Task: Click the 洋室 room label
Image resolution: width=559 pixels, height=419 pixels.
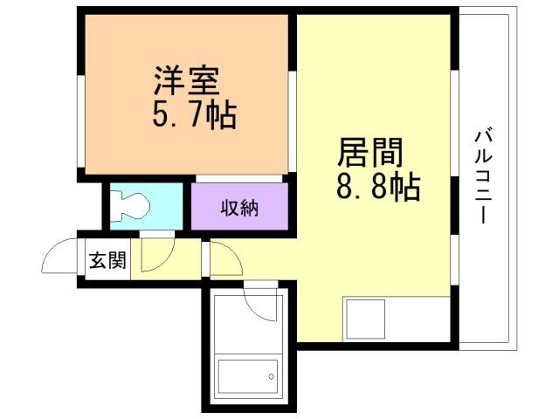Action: tap(186, 80)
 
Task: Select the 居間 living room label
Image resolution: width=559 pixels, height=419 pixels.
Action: tap(369, 153)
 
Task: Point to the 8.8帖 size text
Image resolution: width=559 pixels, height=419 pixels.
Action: tap(378, 186)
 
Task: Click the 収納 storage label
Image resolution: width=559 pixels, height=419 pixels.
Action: tap(239, 208)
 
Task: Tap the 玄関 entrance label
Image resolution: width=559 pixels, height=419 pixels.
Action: tap(107, 260)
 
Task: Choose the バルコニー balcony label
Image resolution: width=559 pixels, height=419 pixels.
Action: tap(483, 177)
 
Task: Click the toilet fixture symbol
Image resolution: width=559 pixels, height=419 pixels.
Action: tap(130, 206)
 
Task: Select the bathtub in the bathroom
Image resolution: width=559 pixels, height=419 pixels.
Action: tap(248, 376)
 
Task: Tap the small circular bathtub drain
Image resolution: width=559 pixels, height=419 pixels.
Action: tap(272, 376)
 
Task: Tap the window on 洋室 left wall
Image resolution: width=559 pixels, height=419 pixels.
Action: tap(81, 121)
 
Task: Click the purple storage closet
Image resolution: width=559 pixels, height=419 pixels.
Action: tap(239, 206)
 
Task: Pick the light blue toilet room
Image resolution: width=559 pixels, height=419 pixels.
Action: tap(146, 206)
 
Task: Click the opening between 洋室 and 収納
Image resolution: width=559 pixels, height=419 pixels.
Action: tap(239, 178)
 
